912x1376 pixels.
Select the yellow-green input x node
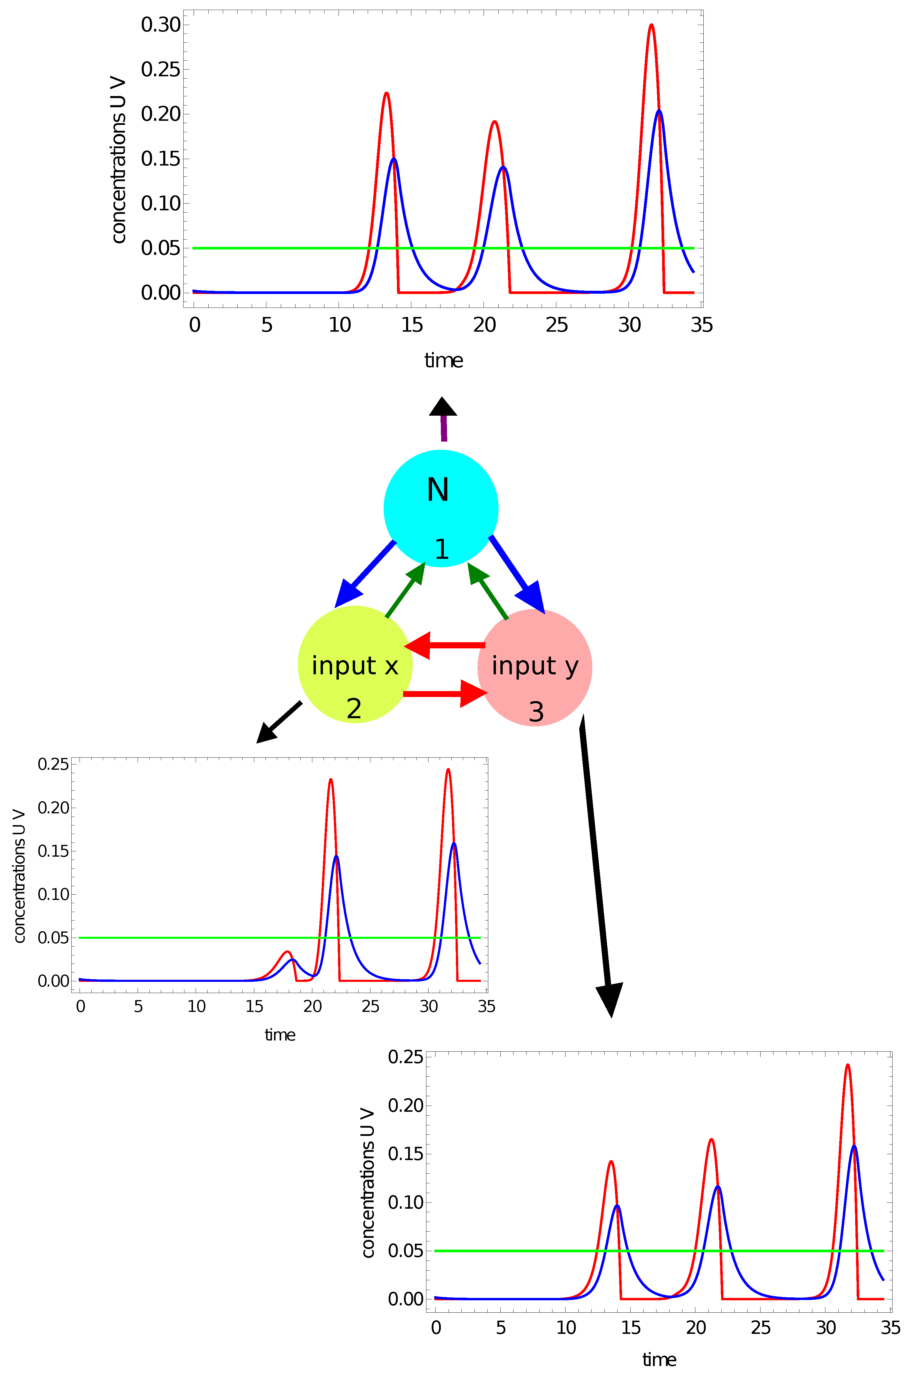(x=355, y=665)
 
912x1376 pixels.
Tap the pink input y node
(x=535, y=667)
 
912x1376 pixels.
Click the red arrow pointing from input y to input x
(x=445, y=645)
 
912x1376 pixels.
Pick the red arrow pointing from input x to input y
(x=445, y=693)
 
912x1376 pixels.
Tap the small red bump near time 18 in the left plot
(x=287, y=952)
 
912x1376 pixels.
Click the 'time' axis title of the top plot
(x=443, y=360)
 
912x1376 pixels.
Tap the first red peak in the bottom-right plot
(x=611, y=1162)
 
